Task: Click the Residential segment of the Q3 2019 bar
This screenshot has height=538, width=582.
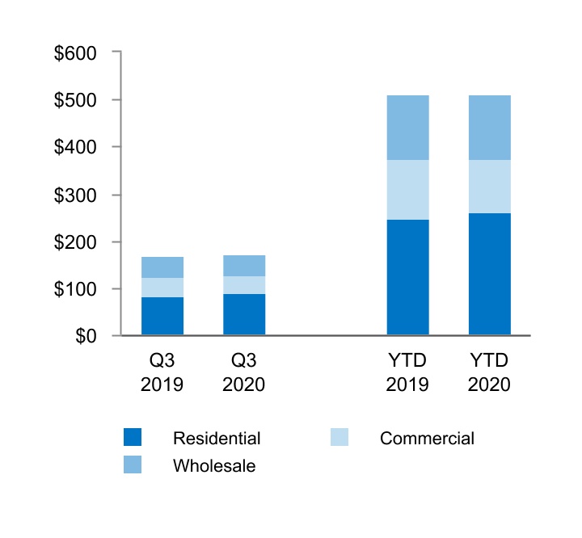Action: point(162,316)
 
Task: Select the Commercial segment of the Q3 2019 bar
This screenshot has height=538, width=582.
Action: point(162,288)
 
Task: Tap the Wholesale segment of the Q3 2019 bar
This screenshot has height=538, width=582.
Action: point(162,267)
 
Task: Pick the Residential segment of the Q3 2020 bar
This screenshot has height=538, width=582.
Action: point(244,314)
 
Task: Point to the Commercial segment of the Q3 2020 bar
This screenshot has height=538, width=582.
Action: point(244,285)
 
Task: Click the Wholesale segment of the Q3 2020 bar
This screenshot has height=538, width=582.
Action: point(244,266)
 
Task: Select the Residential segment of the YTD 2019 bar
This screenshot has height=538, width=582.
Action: point(407,277)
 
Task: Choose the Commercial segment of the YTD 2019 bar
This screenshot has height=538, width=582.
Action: point(407,190)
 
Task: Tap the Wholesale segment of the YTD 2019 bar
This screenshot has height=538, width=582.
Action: point(407,128)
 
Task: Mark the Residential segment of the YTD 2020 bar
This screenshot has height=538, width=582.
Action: point(489,274)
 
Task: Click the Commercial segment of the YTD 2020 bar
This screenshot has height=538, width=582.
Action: point(489,187)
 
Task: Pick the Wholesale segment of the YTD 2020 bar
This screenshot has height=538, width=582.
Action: point(489,128)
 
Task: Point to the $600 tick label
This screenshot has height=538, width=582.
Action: point(75,53)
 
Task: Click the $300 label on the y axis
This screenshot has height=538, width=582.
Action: point(75,195)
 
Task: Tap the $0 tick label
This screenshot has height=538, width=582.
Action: point(86,336)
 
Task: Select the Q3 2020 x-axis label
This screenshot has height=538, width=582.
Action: point(244,372)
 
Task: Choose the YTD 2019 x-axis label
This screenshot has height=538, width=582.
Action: point(407,372)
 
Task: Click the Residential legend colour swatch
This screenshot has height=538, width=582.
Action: point(133,438)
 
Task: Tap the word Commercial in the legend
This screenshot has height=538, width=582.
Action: point(427,439)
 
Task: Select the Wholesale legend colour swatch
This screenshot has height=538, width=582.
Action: point(133,464)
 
